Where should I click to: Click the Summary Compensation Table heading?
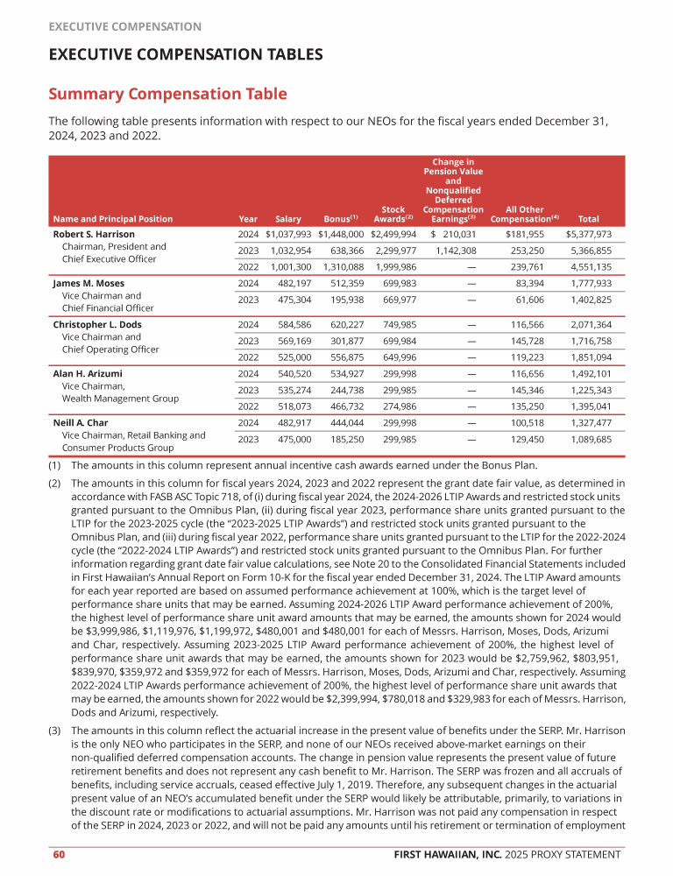click(x=167, y=94)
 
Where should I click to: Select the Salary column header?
click(x=288, y=219)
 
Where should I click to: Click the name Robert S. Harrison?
click(x=94, y=235)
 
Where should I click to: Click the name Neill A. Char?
click(x=81, y=423)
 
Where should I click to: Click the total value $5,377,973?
click(x=588, y=235)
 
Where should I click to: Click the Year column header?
click(x=248, y=219)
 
